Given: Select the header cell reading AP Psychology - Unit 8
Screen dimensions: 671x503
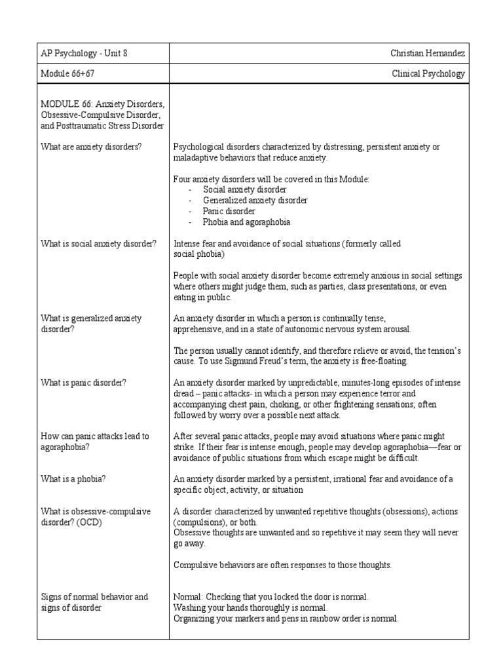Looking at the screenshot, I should tap(84, 54).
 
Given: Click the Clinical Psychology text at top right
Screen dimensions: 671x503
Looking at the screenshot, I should tap(428, 74).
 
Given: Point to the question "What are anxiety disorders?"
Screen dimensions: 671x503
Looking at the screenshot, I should tap(91, 147).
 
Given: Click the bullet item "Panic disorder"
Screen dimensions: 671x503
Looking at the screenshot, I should tap(229, 211).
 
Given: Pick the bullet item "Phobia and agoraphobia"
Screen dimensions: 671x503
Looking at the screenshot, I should tap(246, 222).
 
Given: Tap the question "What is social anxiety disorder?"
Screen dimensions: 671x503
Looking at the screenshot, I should tap(99, 244).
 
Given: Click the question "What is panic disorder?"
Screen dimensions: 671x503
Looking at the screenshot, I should tap(83, 383).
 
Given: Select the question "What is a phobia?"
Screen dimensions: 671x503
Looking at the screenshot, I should tap(73, 478).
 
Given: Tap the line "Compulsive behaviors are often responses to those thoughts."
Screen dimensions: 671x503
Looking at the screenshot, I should tap(282, 565).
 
